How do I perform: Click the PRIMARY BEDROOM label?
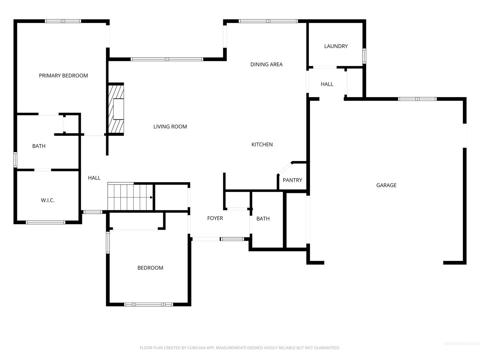63,76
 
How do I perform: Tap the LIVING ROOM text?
170,127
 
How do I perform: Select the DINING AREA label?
266,64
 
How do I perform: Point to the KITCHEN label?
262,144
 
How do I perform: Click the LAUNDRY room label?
336,46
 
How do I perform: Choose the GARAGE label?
386,185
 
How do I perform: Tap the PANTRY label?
292,180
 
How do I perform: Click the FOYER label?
215,218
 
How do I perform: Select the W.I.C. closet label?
47,200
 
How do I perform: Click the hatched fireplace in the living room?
116,109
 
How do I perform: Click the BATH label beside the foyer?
263,219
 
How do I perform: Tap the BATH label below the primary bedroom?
39,146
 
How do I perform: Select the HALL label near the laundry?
327,84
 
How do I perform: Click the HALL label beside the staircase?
94,178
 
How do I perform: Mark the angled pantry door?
285,168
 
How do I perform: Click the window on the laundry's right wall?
364,56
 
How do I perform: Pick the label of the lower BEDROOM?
150,268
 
